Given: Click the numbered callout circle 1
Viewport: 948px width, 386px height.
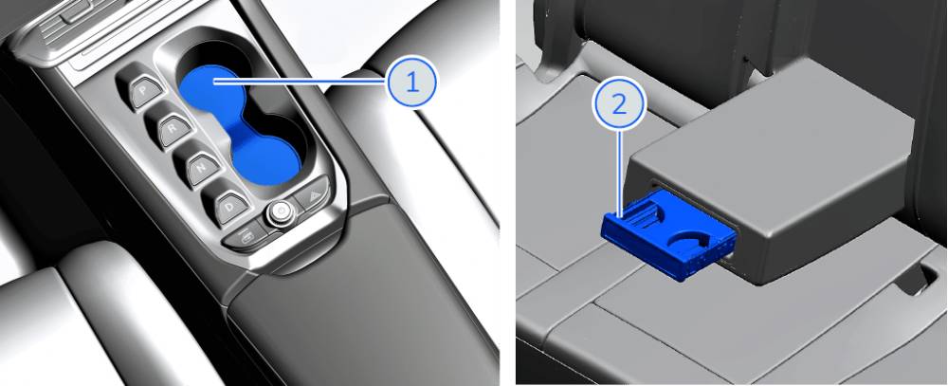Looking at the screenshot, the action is pos(411,83).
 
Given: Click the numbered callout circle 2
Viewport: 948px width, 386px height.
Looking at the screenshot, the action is pos(619,104).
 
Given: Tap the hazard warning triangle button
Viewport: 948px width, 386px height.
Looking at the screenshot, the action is pos(313,194).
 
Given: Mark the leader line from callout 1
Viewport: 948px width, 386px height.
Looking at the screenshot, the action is pos(300,81).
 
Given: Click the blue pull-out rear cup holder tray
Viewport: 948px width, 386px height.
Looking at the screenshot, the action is pos(670,233).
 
